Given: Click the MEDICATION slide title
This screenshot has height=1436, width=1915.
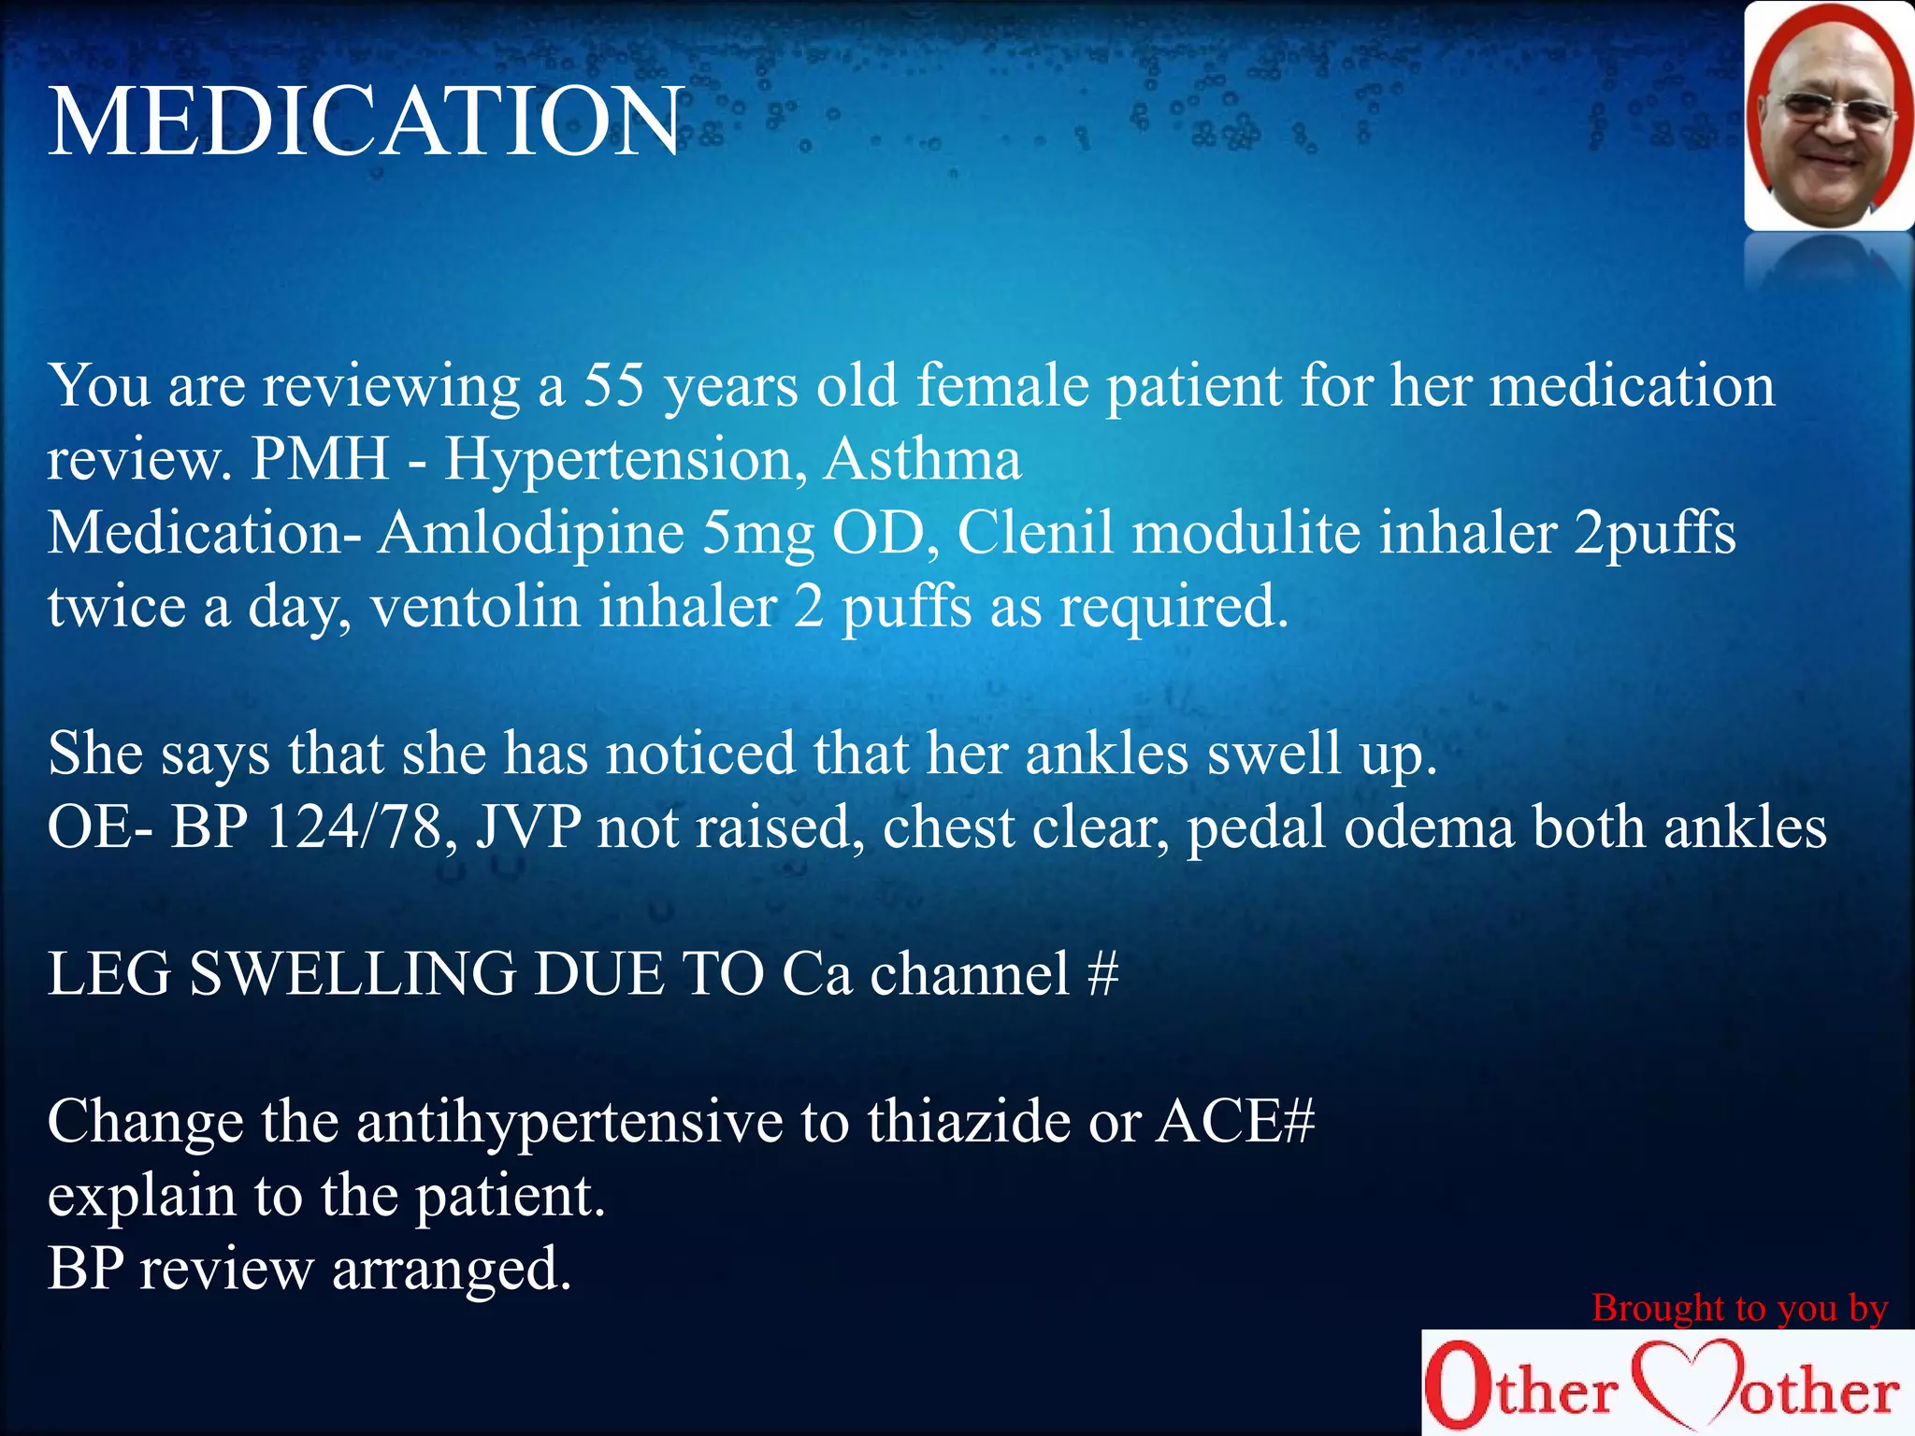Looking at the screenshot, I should point(365,122).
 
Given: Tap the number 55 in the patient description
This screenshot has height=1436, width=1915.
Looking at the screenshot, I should point(614,384).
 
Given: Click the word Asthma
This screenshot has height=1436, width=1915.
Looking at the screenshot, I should point(922,459).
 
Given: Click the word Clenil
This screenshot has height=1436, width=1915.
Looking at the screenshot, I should point(1035,533).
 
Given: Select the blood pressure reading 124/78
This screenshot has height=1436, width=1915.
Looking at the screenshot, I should point(353,827).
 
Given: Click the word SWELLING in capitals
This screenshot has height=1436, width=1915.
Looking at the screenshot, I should point(353,974).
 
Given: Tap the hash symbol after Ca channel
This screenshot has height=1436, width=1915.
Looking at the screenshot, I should point(1103,974).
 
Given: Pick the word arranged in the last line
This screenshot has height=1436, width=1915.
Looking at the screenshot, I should point(451,1271).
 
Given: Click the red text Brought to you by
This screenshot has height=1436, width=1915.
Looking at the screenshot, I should point(1740,1308).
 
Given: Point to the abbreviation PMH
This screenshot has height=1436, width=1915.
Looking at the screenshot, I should point(320,459).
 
